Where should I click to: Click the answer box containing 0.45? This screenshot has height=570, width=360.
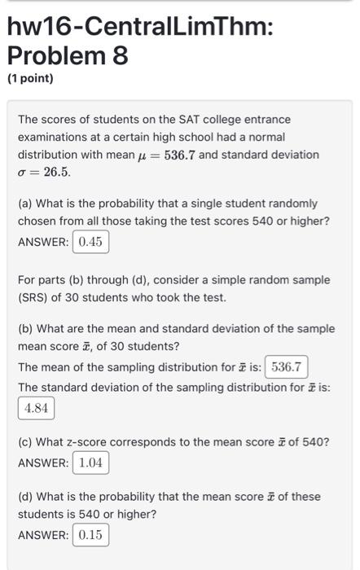click(90, 241)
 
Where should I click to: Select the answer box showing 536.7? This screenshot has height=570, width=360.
click(286, 366)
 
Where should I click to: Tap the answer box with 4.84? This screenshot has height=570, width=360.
click(36, 408)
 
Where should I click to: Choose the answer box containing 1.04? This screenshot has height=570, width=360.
click(90, 463)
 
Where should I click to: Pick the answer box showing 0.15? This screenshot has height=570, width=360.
click(90, 535)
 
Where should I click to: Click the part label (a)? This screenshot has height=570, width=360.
click(26, 203)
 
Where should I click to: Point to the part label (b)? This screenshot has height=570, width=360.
click(26, 328)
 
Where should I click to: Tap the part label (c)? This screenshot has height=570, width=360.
click(26, 442)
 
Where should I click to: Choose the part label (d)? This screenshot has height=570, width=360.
click(26, 496)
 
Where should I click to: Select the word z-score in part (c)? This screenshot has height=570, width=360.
click(93, 442)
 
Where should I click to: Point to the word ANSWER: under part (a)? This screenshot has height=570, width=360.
click(43, 241)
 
